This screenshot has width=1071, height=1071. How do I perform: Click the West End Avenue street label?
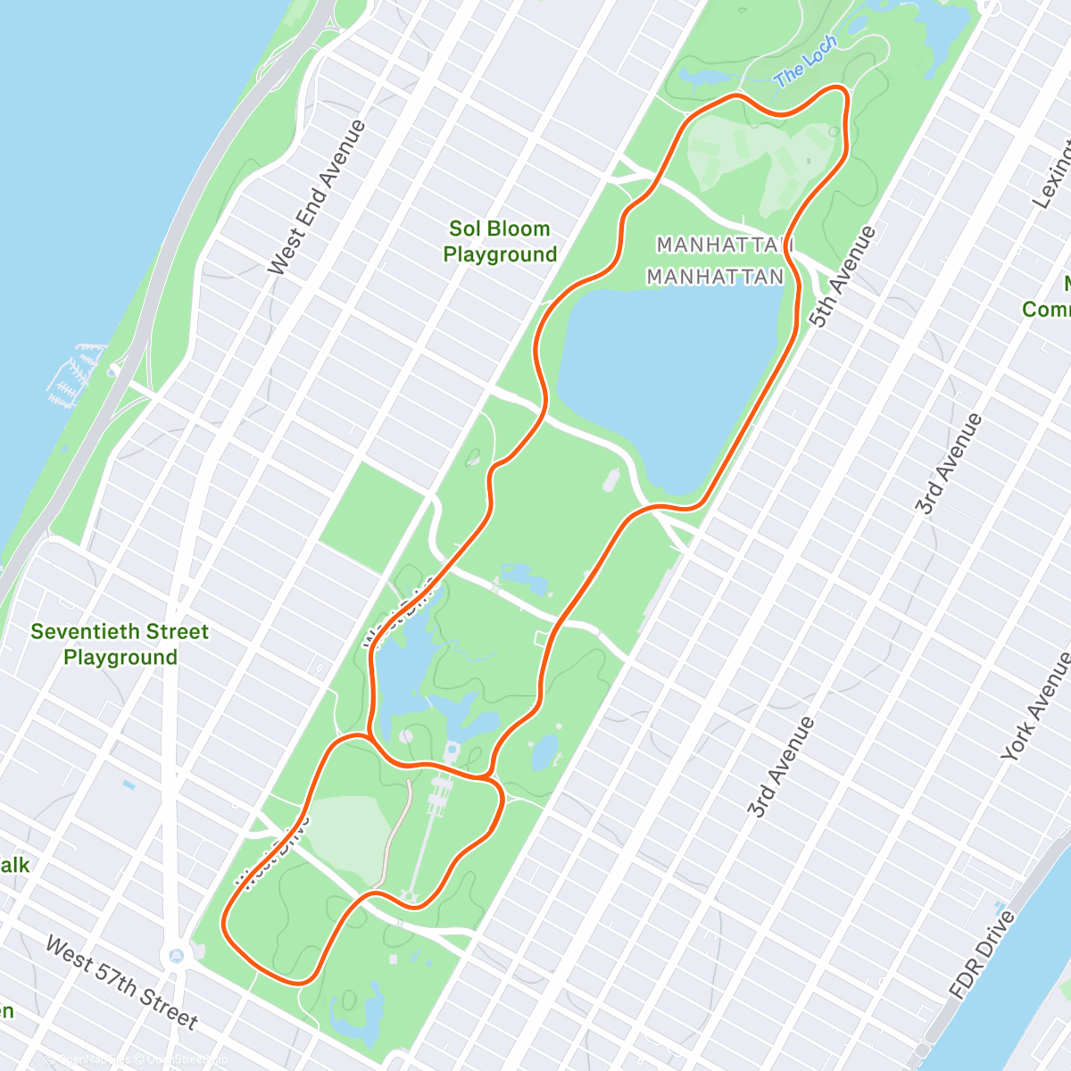[x=317, y=197]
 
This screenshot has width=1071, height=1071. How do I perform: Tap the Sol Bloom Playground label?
[x=500, y=242]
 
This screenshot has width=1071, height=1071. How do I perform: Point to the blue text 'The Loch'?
[x=806, y=62]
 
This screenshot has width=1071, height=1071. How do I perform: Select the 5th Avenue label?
[x=843, y=277]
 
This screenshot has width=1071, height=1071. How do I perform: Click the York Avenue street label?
[x=1036, y=706]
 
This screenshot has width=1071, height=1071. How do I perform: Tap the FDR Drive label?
[x=982, y=954]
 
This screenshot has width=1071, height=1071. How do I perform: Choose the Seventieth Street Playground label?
[x=120, y=644]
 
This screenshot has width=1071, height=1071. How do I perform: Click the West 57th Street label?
[x=121, y=982]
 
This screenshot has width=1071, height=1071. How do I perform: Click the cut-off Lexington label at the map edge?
[x=1053, y=174]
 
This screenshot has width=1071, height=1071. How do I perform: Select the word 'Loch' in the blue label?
[x=820, y=53]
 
